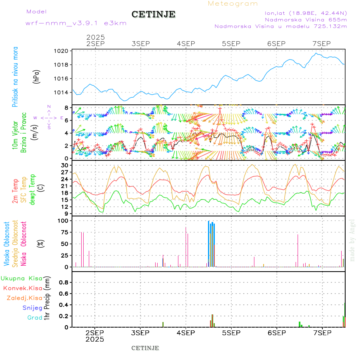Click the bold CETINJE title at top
[153, 14]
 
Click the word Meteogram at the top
[233, 4]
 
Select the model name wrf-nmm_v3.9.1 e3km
[76, 23]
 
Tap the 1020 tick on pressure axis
[62, 51]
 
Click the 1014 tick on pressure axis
[62, 92]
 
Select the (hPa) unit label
[36, 76]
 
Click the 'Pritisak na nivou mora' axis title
[16, 76]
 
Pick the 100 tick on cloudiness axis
[64, 220]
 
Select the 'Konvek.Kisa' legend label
[23, 288]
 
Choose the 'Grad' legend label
[35, 318]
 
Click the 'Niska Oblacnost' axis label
[24, 244]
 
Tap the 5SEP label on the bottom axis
[231, 333]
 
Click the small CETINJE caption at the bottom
[145, 348]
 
